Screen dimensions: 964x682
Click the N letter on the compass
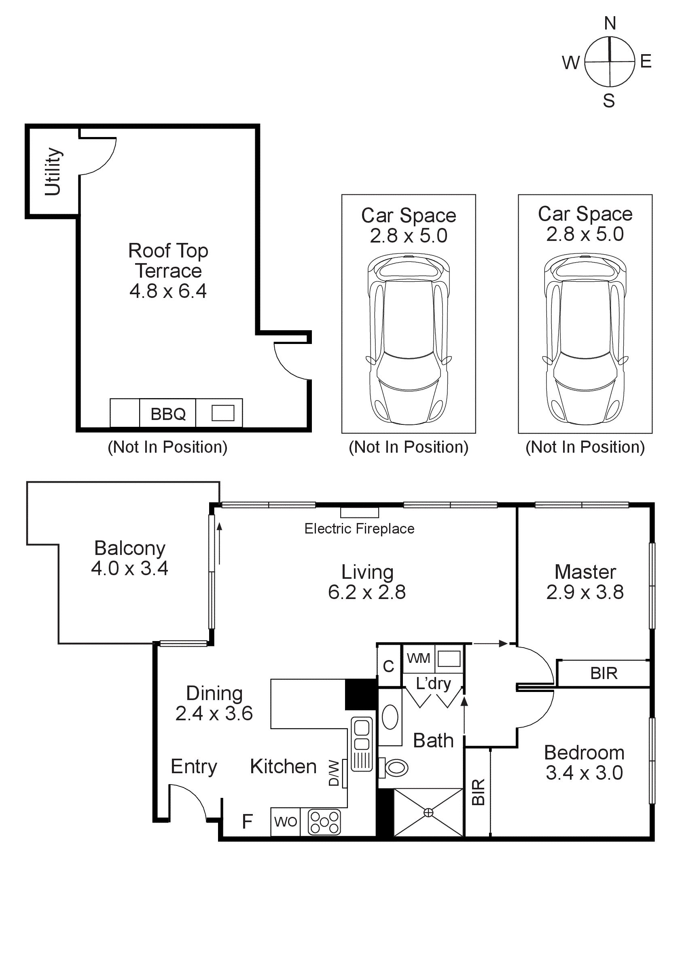click(610, 23)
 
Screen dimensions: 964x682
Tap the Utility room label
click(53, 172)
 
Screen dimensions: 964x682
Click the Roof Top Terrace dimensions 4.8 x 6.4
click(168, 291)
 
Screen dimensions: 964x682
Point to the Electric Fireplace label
click(359, 529)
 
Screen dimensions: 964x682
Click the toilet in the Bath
click(395, 768)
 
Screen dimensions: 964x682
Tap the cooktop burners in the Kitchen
click(324, 822)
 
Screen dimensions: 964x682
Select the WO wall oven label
click(285, 822)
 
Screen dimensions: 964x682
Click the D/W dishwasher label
click(333, 773)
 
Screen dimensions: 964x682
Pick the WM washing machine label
click(418, 658)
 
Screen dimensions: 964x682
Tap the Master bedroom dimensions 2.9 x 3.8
click(585, 592)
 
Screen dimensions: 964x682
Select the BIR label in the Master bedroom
click(604, 673)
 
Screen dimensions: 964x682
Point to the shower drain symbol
click(428, 812)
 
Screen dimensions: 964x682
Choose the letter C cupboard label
click(389, 667)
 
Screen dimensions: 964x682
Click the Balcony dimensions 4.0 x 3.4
click(130, 568)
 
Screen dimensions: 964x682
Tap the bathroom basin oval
click(390, 717)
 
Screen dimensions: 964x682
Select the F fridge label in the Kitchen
click(247, 822)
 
